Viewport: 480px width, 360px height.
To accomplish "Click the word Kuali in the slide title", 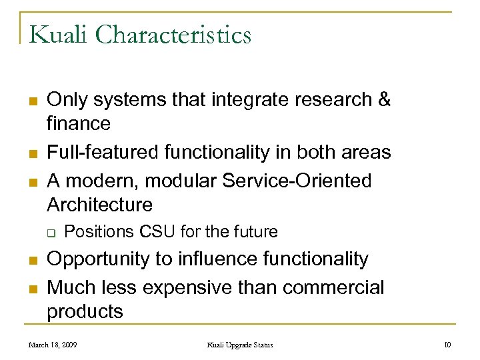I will (58, 34).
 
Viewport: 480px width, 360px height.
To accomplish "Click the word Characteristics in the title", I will (173, 34).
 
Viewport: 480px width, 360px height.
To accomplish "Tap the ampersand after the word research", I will (384, 100).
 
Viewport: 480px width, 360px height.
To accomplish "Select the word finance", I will (79, 123).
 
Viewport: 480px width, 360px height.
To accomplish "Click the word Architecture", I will (99, 204).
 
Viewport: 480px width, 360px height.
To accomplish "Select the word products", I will (85, 311).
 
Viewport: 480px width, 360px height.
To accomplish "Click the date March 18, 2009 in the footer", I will (54, 345).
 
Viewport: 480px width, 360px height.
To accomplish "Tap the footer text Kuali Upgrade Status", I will (239, 345).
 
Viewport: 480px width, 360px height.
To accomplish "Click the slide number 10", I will (446, 345).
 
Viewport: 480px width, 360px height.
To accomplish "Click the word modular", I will (167, 181).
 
